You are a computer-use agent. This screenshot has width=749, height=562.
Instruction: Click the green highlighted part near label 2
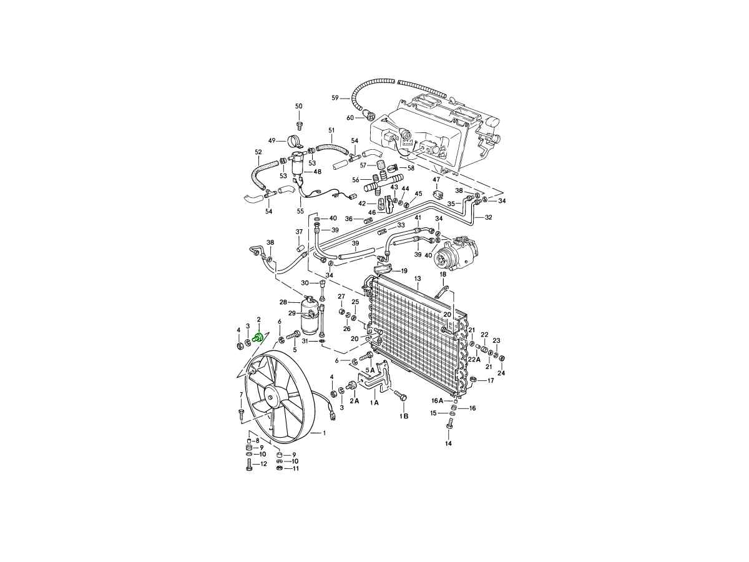pyautogui.click(x=256, y=338)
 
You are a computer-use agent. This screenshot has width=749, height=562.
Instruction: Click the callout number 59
pyautogui.click(x=335, y=98)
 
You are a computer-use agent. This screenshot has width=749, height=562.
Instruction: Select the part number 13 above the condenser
pyautogui.click(x=417, y=278)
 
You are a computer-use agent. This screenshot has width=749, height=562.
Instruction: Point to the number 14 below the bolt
pyautogui.click(x=448, y=443)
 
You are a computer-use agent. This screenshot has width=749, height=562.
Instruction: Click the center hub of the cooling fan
pyautogui.click(x=272, y=395)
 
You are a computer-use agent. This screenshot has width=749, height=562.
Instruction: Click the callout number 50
pyautogui.click(x=298, y=106)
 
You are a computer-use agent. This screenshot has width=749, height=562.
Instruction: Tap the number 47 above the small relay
pyautogui.click(x=436, y=180)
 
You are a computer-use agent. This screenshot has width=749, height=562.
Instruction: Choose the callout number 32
pyautogui.click(x=488, y=217)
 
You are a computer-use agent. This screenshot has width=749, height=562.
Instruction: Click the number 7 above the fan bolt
pyautogui.click(x=241, y=395)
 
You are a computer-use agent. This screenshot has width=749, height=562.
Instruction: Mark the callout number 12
pyautogui.click(x=263, y=464)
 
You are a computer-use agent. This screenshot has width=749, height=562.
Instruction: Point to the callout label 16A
pyautogui.click(x=437, y=400)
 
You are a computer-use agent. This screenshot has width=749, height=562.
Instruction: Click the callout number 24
pyautogui.click(x=501, y=373)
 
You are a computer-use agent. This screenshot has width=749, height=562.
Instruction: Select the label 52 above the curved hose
pyautogui.click(x=258, y=152)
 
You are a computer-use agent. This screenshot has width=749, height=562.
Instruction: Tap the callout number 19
pyautogui.click(x=404, y=271)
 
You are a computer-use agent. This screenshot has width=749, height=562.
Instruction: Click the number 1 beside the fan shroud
pyautogui.click(x=324, y=433)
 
